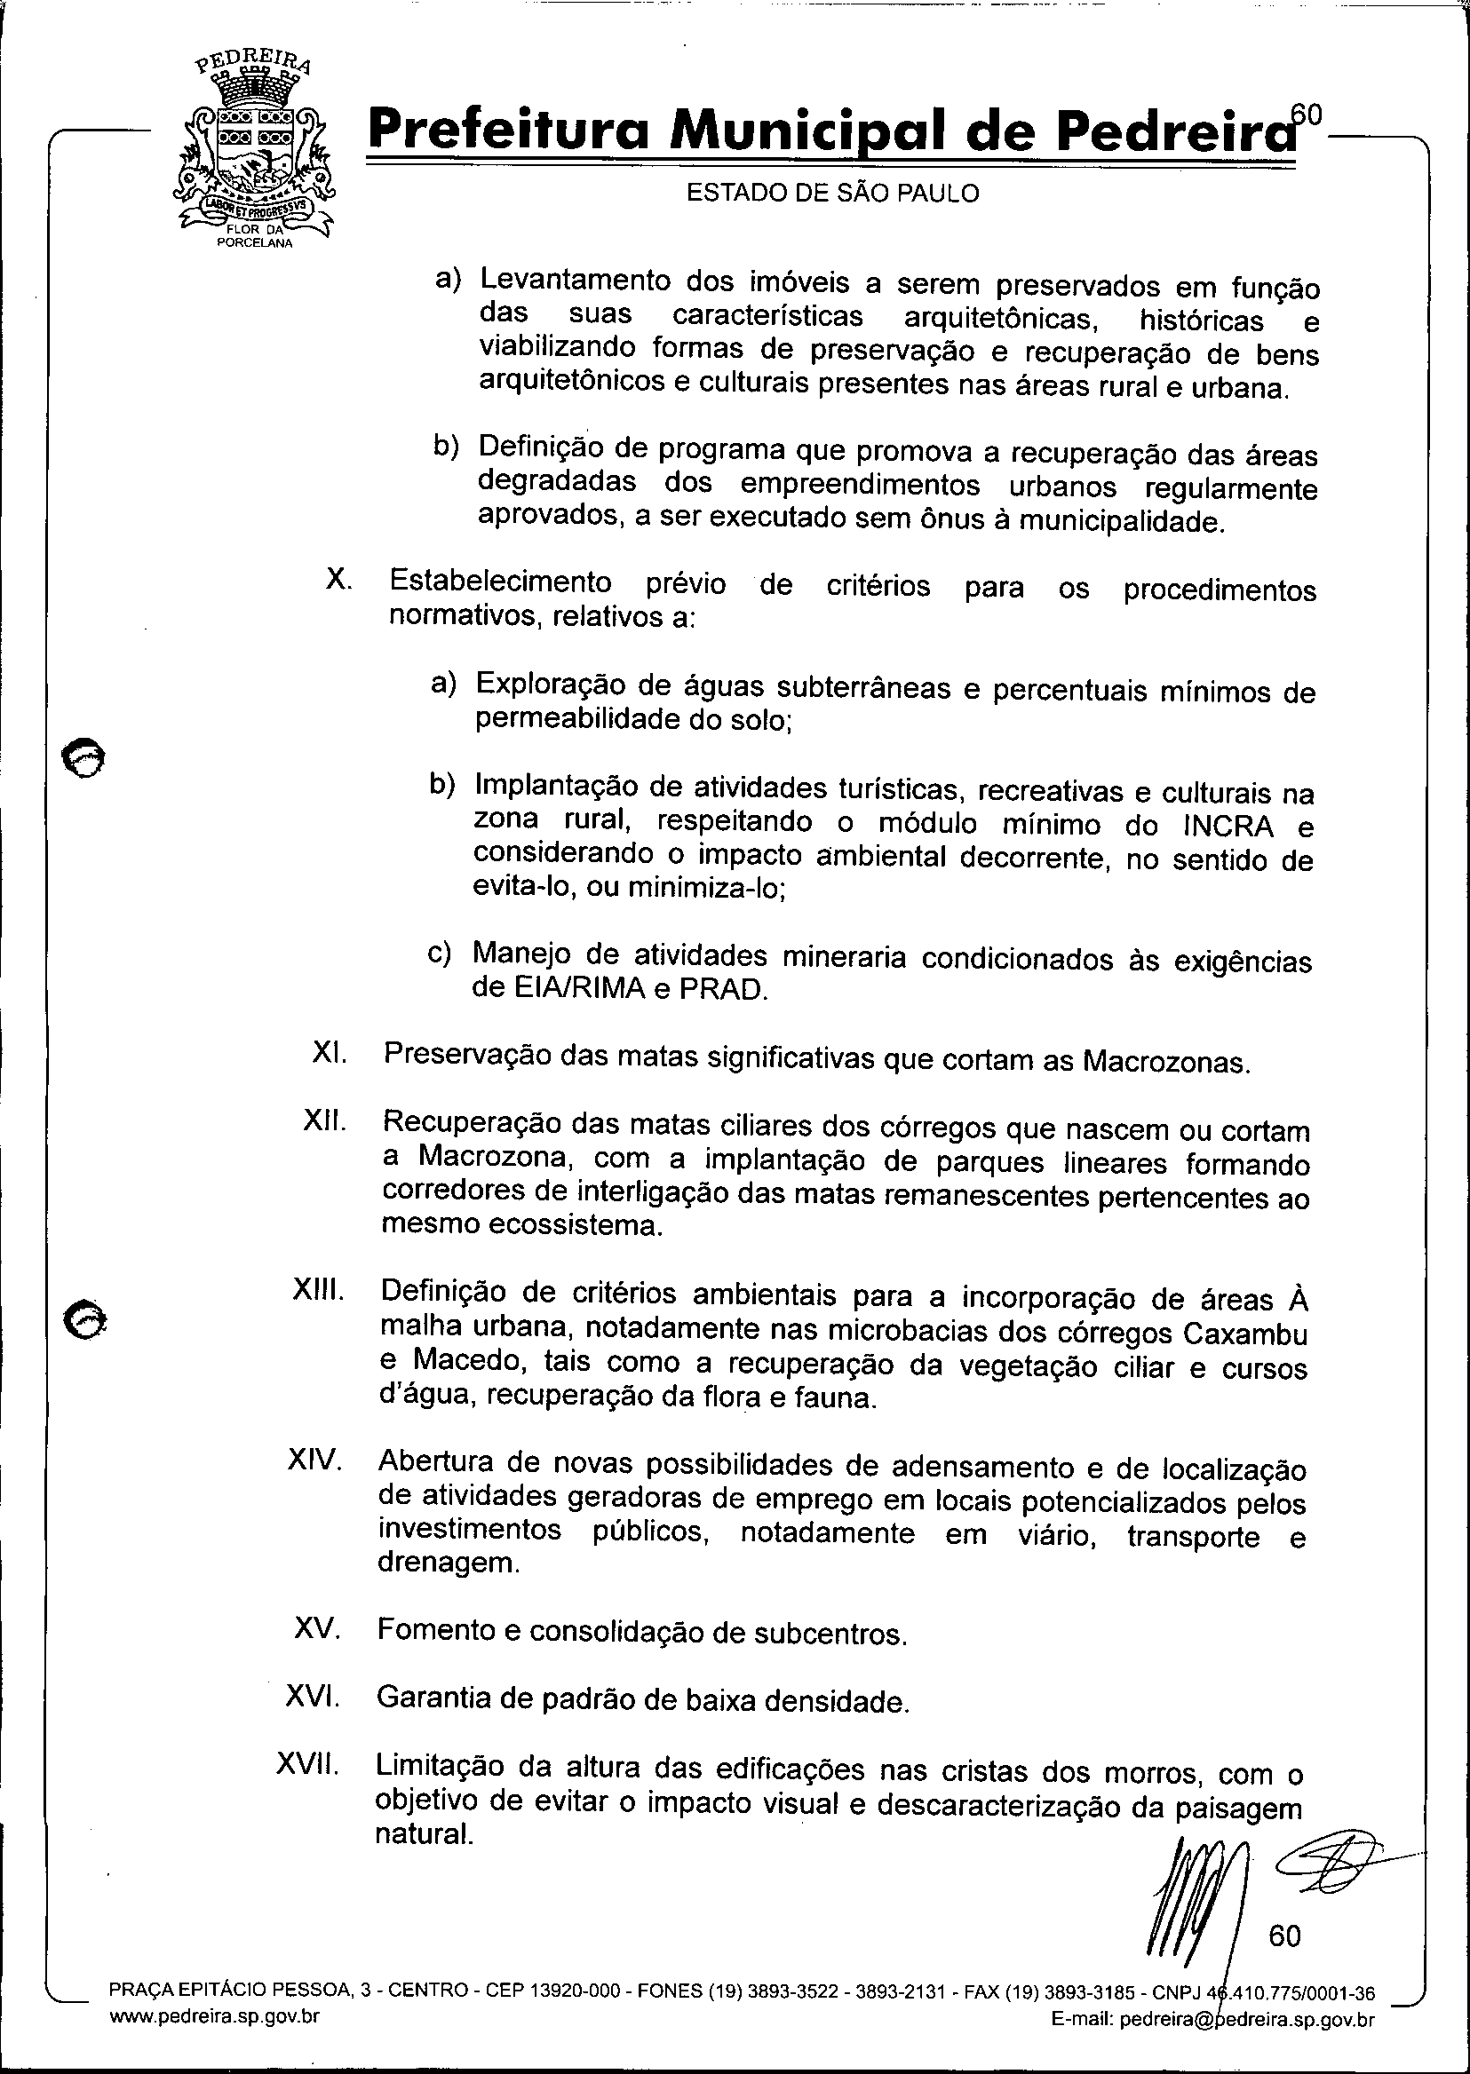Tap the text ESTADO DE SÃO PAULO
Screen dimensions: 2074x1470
click(x=832, y=194)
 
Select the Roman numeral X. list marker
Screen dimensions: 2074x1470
click(x=338, y=580)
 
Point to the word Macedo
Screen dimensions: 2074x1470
click(x=466, y=1362)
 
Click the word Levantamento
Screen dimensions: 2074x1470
click(x=575, y=281)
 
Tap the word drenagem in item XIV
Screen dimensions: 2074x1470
click(x=449, y=1563)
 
